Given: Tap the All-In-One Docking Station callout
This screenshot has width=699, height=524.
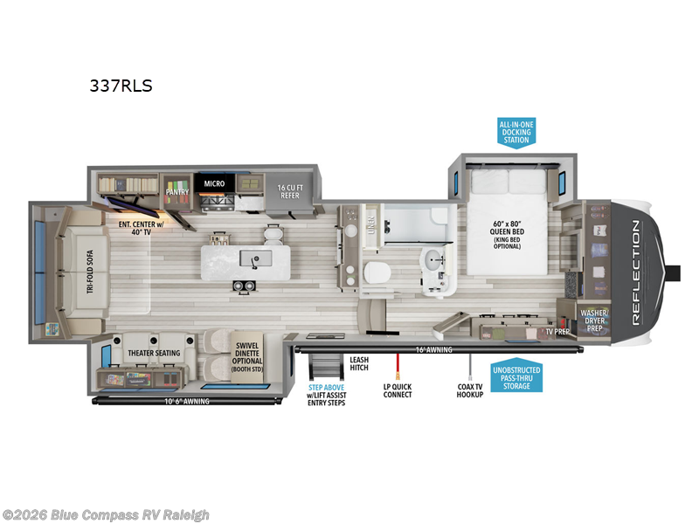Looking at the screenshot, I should click(x=516, y=133).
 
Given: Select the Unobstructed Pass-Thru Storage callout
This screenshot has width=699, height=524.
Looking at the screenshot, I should click(x=516, y=377).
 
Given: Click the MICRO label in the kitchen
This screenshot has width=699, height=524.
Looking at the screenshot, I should click(x=215, y=184).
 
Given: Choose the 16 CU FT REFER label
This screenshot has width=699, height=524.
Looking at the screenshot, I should click(x=290, y=191).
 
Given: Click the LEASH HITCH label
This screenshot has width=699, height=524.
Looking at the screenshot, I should click(x=359, y=363).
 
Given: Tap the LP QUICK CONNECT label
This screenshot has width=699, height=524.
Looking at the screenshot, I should click(x=398, y=390).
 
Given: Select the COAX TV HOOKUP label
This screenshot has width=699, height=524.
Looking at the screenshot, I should click(x=470, y=390).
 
